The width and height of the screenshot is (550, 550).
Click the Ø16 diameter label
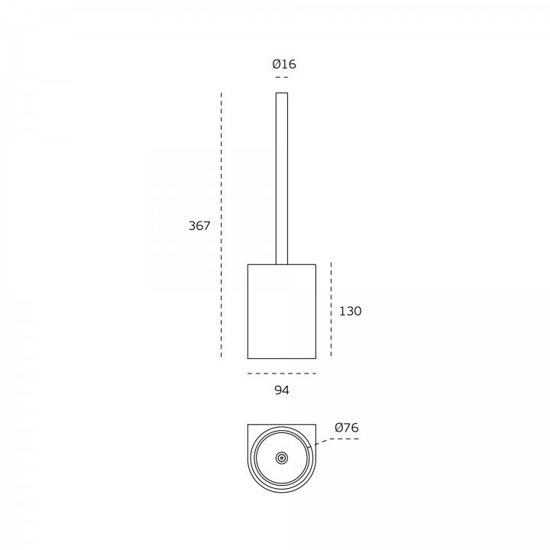point(284,64)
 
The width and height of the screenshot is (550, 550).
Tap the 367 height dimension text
point(199,225)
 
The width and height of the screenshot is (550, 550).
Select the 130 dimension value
point(350,311)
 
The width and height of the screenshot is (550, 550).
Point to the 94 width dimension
point(282,390)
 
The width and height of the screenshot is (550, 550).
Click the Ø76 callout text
point(347,428)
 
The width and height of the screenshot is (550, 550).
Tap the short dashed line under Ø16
point(282,77)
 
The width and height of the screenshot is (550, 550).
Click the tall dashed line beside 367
point(222,225)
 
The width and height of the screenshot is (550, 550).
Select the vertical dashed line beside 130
point(331,309)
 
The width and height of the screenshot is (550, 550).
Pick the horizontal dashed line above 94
point(282,374)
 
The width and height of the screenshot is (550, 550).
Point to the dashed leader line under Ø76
point(333,441)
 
